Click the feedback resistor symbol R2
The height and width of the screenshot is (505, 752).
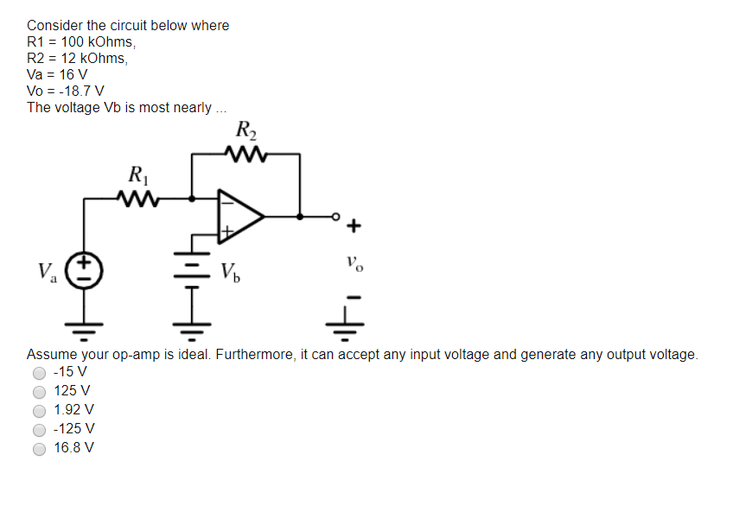coord(245,155)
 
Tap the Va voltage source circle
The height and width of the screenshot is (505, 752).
coord(84,269)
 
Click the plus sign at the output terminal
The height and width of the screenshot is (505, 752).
coord(354,227)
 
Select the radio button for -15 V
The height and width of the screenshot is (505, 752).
coord(39,373)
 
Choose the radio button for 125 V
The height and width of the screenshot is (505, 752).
coord(39,391)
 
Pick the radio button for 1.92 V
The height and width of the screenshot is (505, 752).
coord(39,410)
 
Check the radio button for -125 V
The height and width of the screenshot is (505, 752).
coord(39,429)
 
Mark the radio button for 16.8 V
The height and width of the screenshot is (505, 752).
coord(39,448)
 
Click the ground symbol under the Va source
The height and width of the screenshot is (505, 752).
coord(84,327)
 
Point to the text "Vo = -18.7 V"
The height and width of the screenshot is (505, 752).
coord(66,91)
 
